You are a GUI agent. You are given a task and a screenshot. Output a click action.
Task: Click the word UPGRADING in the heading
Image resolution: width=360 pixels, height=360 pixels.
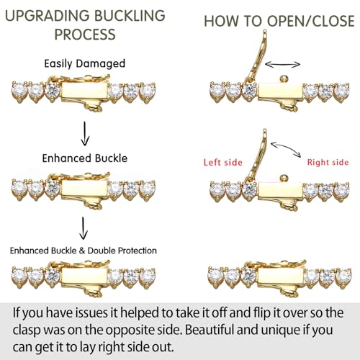click(48, 16)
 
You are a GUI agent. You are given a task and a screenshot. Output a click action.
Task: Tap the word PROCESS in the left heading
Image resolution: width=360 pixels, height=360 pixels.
click(85, 35)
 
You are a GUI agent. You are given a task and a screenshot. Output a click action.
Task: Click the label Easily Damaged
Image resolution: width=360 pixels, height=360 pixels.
click(85, 63)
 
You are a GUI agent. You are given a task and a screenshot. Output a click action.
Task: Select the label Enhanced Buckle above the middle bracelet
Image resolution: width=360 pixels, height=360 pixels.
click(85, 158)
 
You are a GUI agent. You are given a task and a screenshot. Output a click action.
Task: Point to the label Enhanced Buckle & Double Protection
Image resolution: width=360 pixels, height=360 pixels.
click(84, 251)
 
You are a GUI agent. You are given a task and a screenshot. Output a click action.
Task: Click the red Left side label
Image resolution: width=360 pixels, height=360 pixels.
click(223, 163)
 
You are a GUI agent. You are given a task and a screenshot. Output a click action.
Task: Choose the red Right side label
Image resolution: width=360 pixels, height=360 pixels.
click(328, 163)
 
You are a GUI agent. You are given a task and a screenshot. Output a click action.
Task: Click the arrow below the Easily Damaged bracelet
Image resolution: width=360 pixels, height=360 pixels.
click(85, 133)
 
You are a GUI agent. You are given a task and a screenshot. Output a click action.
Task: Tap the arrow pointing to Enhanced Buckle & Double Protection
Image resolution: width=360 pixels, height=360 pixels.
click(84, 228)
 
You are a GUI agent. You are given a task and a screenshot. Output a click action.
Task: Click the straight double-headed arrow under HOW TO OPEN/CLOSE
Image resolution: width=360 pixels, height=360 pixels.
click(283, 64)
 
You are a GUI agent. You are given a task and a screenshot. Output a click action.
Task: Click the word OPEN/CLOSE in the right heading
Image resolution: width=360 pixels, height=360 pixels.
click(311, 21)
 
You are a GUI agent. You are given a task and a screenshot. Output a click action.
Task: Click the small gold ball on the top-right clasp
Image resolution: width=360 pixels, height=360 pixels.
click(284, 78)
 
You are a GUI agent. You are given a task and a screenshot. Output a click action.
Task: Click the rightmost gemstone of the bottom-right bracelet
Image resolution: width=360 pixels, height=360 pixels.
click(343, 276)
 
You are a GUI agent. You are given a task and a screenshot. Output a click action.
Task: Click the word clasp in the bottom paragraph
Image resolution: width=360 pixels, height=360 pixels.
click(27, 330)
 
